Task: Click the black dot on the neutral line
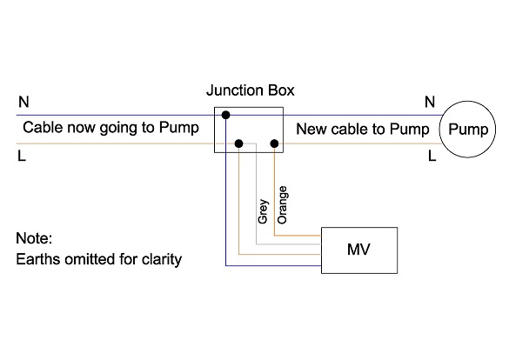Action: pos(225,115)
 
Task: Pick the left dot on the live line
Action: pos(238,143)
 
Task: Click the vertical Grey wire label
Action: pos(263,212)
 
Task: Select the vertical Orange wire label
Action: pos(282,205)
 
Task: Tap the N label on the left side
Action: pos(23,103)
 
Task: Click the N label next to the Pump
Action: pos(429,103)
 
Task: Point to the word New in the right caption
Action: pos(311,130)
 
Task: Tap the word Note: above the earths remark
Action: pos(35,237)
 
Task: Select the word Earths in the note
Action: pos(39,258)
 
